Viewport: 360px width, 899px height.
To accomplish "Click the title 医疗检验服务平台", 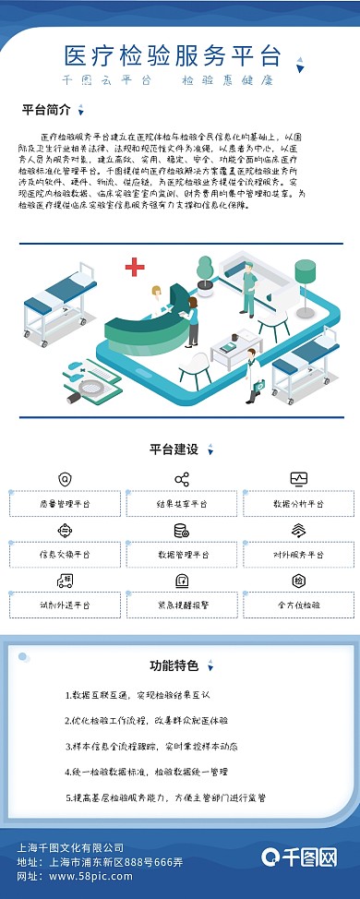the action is point(172,54).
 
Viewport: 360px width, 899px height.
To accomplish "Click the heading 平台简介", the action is point(46,110).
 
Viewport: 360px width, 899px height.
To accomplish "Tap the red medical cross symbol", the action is point(135,268).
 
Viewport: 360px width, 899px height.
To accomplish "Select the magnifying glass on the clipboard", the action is point(74,376).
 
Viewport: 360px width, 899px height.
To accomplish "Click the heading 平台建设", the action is point(174,449).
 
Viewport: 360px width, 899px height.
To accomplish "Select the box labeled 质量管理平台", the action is point(65,504).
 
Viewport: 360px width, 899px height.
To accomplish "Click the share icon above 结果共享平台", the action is point(182,479).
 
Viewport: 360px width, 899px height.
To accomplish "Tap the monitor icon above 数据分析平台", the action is point(298,479).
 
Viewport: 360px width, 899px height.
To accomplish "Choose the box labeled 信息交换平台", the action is point(65,555).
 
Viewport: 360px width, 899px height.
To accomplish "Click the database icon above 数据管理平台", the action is point(182,531).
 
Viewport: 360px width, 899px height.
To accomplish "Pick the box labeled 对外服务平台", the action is point(298,555).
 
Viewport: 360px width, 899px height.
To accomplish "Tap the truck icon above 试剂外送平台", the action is point(65,581).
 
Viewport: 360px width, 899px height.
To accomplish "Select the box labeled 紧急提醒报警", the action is point(182,605).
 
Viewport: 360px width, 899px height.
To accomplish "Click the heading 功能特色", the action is point(174,665).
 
